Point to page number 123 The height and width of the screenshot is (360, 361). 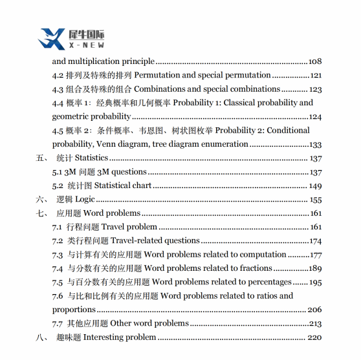[315, 89]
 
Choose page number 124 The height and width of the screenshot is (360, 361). [315, 117]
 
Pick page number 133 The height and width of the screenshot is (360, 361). [315, 145]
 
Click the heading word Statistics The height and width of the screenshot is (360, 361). [91, 158]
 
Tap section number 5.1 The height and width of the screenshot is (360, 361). [57, 172]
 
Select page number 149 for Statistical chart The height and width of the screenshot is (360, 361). [315, 185]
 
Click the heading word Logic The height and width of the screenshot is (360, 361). [85, 200]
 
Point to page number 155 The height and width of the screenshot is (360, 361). [315, 200]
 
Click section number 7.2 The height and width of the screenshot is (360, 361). [57, 240]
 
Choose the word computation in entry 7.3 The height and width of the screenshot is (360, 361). [262, 255]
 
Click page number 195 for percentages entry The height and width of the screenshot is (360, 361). [315, 282]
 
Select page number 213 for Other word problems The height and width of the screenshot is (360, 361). [315, 323]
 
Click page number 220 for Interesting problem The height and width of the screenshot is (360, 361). [315, 337]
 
